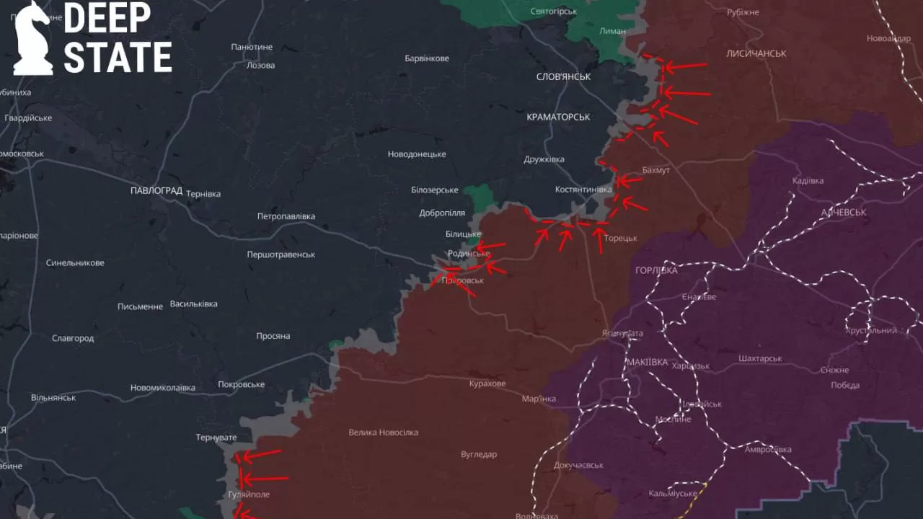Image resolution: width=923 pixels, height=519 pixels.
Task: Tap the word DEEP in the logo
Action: point(107,19)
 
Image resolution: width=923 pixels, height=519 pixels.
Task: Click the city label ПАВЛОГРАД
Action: point(156,191)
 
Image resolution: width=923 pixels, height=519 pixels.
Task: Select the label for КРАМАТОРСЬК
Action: point(558,117)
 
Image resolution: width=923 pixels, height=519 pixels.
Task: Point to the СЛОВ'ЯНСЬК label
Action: point(563,76)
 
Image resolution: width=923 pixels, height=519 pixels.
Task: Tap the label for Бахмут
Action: point(655,170)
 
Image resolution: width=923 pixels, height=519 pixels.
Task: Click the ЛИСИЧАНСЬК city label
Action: point(756,53)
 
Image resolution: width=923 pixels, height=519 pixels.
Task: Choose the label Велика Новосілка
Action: point(383,432)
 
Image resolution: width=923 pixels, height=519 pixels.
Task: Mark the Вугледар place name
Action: point(479,454)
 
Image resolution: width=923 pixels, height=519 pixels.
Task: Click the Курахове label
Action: point(487,383)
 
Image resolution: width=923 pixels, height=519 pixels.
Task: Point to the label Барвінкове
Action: point(427,58)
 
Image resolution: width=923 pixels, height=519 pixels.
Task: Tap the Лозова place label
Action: point(260,65)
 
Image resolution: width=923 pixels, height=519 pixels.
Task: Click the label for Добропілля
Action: point(442,213)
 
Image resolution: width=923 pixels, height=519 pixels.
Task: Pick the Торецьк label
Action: point(620,239)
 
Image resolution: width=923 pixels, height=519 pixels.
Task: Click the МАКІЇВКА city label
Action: point(647,362)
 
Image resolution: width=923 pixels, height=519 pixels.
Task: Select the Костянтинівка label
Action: point(583,190)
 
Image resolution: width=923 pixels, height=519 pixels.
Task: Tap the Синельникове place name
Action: point(75,263)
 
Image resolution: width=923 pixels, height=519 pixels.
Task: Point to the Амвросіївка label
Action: point(768,449)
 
